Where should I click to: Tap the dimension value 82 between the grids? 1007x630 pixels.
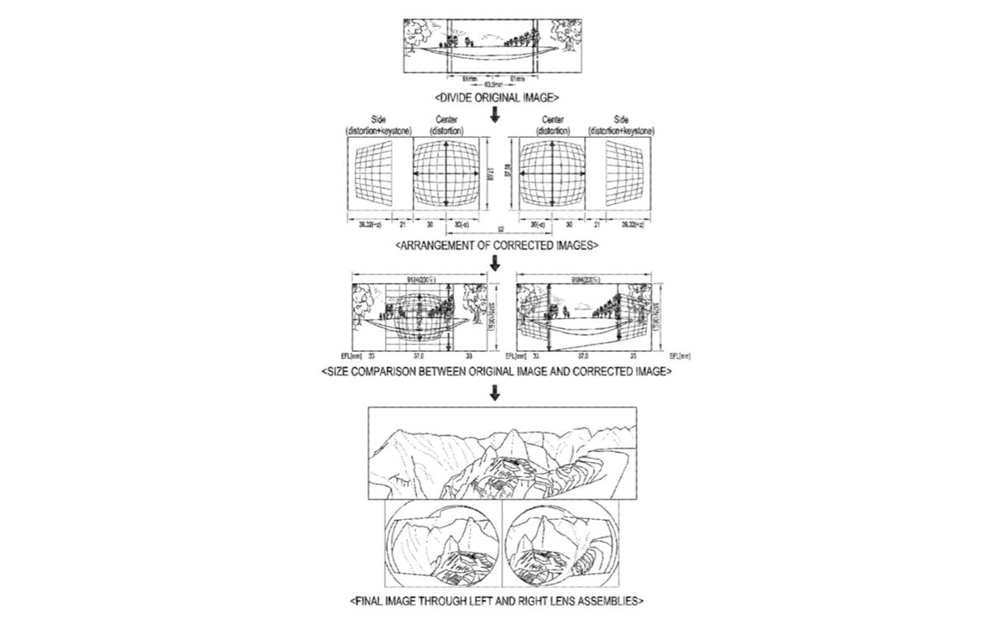point(500,229)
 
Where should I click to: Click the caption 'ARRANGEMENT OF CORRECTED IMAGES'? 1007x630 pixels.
point(495,245)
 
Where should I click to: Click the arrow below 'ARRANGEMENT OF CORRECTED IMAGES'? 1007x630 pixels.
point(495,264)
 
